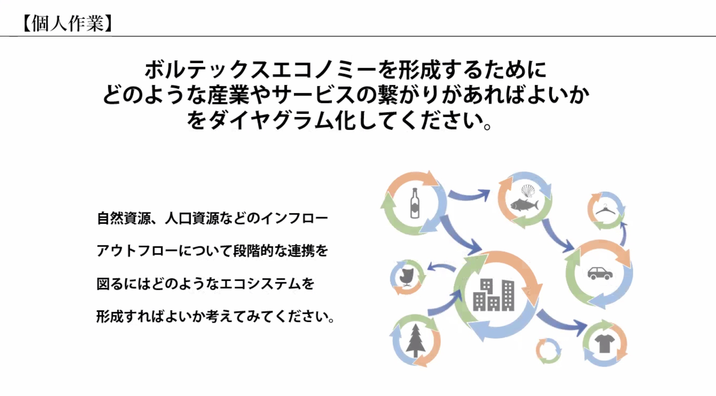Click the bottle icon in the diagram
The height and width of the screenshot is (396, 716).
pos(415,203)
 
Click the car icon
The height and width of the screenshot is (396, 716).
pos(600,273)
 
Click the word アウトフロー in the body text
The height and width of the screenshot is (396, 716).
pos(137,251)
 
